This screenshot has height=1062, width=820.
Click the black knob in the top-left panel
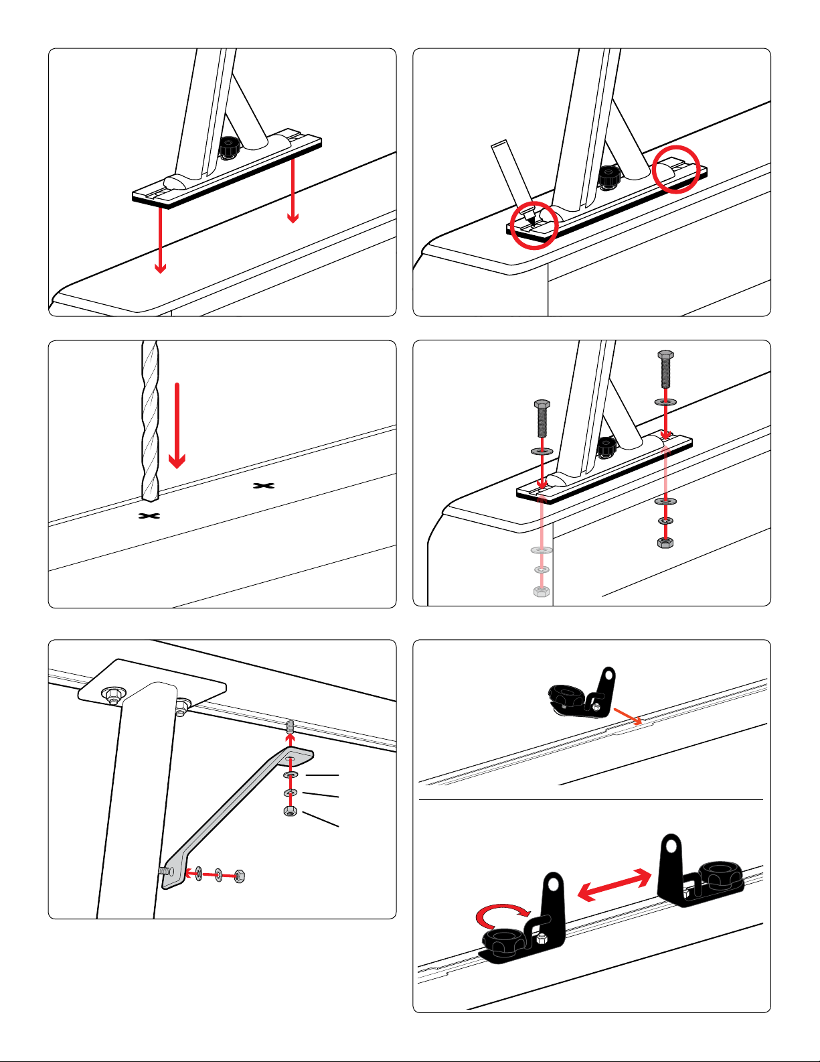click(x=230, y=147)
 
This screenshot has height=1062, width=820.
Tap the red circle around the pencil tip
click(x=534, y=224)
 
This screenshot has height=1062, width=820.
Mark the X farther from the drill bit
click(x=263, y=485)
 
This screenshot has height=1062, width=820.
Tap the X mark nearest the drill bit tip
click(x=149, y=516)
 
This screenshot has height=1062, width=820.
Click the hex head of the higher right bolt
click(x=665, y=355)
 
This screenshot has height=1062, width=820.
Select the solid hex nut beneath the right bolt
click(x=665, y=542)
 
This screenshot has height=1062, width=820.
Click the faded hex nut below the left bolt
click(x=542, y=592)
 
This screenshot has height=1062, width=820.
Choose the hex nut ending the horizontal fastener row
click(x=240, y=876)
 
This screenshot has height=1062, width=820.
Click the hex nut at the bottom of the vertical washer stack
click(x=290, y=811)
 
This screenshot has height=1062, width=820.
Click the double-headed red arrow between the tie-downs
click(x=614, y=884)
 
